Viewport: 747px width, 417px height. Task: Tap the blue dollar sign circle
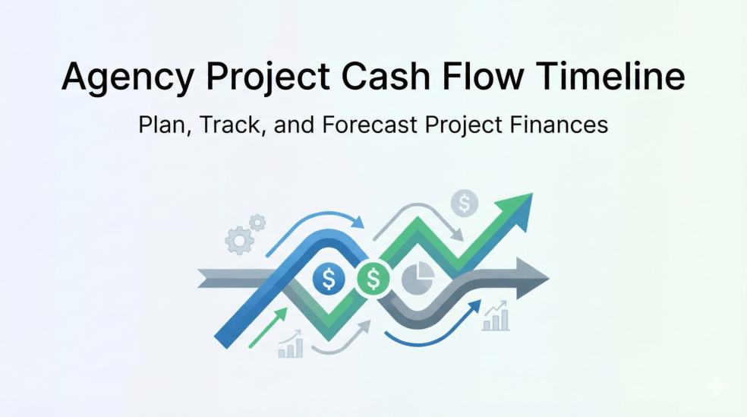click(329, 280)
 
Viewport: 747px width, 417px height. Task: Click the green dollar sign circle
click(373, 280)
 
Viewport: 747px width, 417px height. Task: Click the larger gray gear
click(238, 241)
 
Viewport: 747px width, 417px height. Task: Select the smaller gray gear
click(258, 223)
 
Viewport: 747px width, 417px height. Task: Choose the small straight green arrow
click(268, 327)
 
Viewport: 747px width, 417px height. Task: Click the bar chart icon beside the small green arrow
click(291, 346)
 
